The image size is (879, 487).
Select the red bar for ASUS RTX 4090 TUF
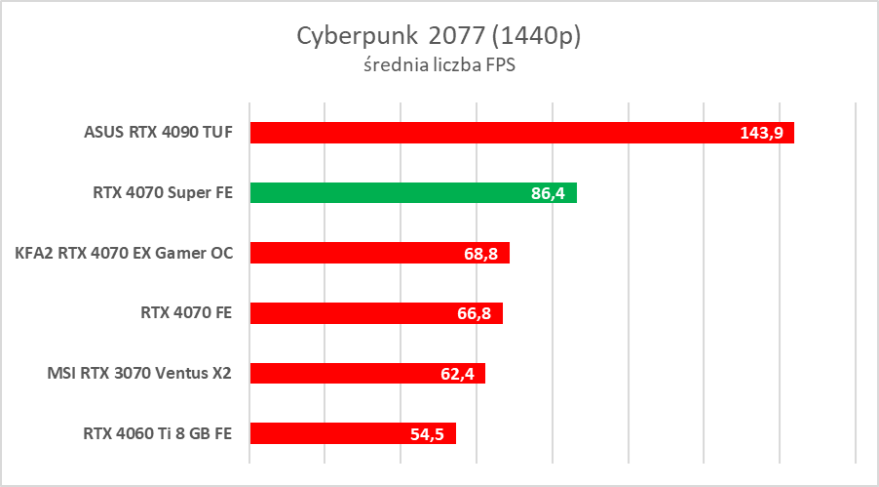point(521,133)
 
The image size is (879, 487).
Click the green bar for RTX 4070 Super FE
point(413,193)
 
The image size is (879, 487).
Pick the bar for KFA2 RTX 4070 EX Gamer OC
point(379,253)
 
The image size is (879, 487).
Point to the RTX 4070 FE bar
point(375,313)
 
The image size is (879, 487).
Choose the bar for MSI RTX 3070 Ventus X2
point(367,373)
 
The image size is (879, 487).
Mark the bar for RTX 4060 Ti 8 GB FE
point(353,433)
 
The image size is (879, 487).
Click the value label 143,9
point(764,134)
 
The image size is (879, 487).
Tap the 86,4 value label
point(549,194)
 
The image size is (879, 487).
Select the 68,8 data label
point(481,254)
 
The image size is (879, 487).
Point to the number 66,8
point(475,314)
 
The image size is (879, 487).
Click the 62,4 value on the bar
point(457,374)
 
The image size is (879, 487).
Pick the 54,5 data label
point(427,434)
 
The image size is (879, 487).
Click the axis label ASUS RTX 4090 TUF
point(159,133)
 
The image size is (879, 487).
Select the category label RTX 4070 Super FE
point(164,193)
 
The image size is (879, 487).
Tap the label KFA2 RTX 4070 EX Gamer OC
point(124,253)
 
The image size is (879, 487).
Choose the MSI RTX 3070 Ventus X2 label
point(139,373)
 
